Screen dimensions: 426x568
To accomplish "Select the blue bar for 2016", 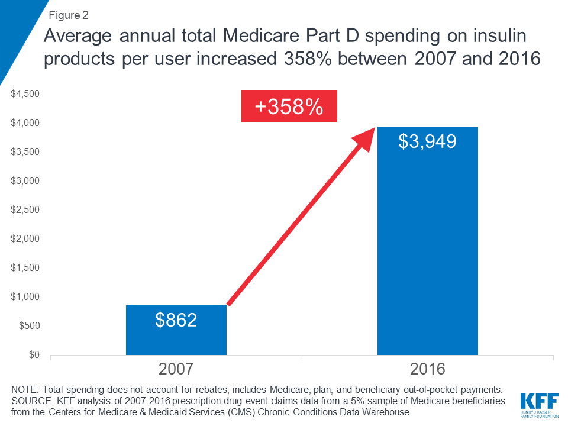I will point(427,248).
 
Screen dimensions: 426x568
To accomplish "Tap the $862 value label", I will point(176,320).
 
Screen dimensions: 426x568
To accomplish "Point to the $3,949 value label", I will point(427,141).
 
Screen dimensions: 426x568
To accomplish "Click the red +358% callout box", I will point(289,106).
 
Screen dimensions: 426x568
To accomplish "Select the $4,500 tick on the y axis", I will point(25,94).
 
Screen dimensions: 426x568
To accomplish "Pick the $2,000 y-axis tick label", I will point(25,239).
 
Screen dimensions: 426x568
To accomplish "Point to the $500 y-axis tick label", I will point(28,326).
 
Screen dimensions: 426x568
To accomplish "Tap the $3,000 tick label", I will point(25,181).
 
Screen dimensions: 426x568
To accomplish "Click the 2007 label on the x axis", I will point(176,370).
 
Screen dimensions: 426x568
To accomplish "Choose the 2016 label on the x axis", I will point(427,370).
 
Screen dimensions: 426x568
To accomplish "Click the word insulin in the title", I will point(509,38).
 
